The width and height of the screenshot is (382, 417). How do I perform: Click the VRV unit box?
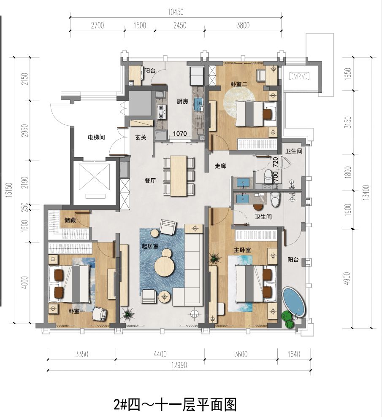[x=300, y=76]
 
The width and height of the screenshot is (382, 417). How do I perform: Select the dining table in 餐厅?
[x=178, y=175]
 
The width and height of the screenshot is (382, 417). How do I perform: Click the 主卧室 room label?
[x=242, y=250]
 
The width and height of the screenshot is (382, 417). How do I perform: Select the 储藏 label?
[x=70, y=220]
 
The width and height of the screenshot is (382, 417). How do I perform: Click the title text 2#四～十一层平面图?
[x=175, y=405]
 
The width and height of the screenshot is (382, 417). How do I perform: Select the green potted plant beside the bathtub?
[x=288, y=320]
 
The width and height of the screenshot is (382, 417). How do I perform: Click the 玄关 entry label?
[x=141, y=137]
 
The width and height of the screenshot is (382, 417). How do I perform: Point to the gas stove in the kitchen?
[x=161, y=111]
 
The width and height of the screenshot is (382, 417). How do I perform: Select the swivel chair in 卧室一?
[x=100, y=313]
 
